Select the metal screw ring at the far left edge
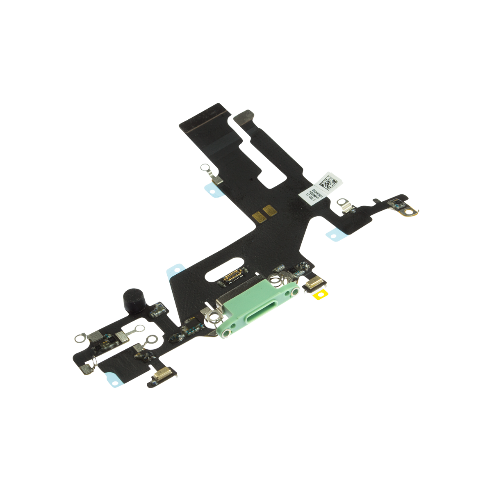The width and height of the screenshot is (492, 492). click(80, 339)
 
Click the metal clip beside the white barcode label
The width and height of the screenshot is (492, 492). click(344, 203)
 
